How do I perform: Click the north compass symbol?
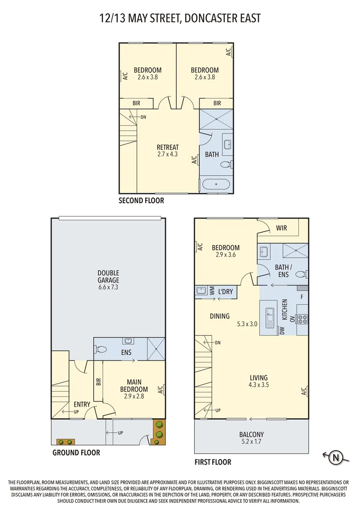click(336, 456)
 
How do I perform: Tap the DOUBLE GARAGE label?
click(108, 276)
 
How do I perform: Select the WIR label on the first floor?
click(281, 228)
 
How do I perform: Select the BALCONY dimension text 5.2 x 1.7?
click(251, 442)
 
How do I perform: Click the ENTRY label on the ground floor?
click(82, 404)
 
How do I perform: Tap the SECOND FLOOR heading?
click(141, 201)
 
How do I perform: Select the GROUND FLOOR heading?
click(76, 452)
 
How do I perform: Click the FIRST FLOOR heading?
click(213, 462)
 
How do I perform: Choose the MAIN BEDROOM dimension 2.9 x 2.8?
click(137, 396)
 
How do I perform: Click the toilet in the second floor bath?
click(226, 164)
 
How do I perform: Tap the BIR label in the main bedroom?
click(98, 382)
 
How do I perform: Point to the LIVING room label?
click(259, 378)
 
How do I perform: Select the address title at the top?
click(180, 18)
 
